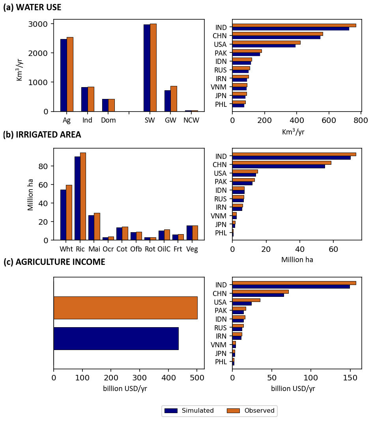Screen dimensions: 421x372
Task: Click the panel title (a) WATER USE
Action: tap(32, 7)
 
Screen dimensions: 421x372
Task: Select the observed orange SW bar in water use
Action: tap(153, 67)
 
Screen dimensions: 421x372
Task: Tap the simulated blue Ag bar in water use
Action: tap(64, 75)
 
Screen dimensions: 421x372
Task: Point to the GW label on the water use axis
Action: tap(170, 120)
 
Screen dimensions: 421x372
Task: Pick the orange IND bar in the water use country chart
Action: tap(294, 25)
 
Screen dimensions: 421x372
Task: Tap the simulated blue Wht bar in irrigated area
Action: tap(63, 215)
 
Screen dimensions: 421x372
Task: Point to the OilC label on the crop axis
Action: tap(164, 249)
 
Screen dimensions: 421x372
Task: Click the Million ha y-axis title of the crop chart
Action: tap(30, 195)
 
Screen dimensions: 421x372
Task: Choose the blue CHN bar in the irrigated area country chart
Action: tap(279, 166)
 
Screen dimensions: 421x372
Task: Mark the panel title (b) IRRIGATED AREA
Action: tap(42, 135)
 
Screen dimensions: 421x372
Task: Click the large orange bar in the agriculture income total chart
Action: tap(125, 307)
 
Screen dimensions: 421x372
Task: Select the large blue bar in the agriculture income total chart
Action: tap(116, 338)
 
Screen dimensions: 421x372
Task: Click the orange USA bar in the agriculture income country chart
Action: tap(246, 300)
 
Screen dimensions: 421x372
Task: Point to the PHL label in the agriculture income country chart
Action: tap(221, 362)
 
